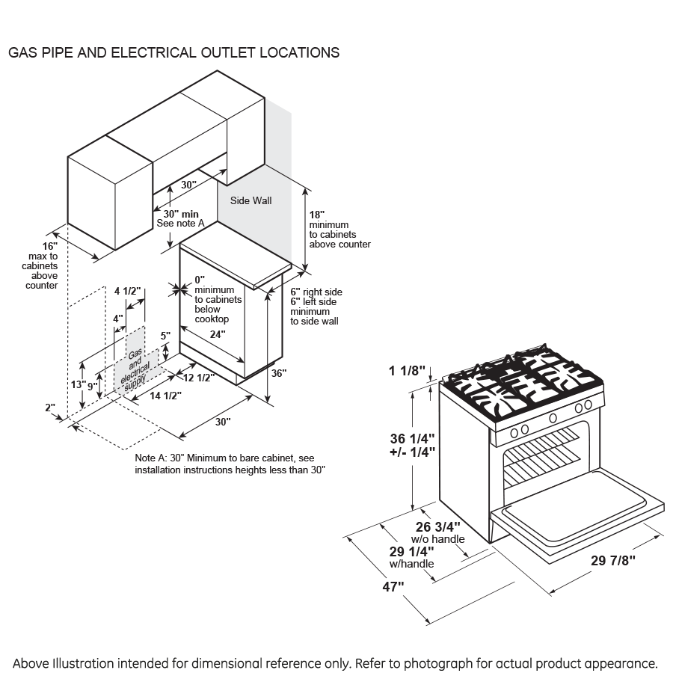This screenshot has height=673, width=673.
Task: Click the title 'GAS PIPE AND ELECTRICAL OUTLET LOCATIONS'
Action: (x=173, y=53)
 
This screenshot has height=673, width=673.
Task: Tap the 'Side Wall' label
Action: (x=251, y=200)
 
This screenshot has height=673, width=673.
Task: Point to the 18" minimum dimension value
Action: (x=317, y=214)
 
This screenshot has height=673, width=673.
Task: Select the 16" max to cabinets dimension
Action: (x=49, y=246)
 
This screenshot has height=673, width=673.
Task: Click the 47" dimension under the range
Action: (x=393, y=587)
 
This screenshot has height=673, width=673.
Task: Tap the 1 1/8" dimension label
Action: (x=407, y=370)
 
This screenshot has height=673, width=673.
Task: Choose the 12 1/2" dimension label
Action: (x=199, y=378)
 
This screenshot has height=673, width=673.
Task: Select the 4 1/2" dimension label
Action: (x=127, y=291)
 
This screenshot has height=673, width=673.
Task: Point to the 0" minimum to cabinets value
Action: (x=199, y=280)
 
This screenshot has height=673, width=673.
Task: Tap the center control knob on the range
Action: (x=553, y=418)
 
